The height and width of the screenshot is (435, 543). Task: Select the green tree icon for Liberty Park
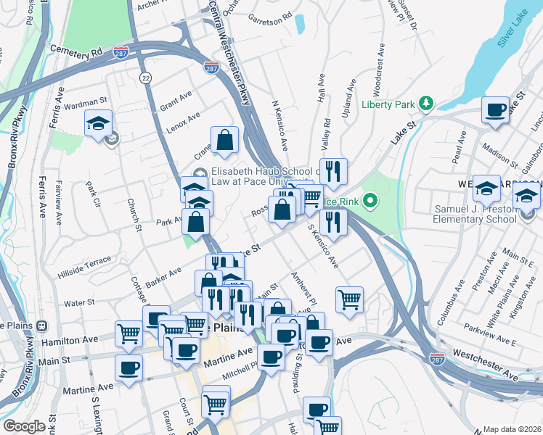tap(428, 104)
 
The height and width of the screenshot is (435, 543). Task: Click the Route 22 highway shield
tap(147, 78)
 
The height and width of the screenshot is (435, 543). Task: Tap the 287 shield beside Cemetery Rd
tap(122, 52)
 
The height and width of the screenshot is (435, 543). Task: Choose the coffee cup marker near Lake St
tap(496, 111)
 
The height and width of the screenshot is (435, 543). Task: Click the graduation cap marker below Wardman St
tap(99, 124)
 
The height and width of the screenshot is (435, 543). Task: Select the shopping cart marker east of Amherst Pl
tap(350, 299)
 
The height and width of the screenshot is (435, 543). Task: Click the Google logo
tap(24, 426)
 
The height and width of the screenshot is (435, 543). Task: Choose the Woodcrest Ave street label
tap(377, 72)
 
